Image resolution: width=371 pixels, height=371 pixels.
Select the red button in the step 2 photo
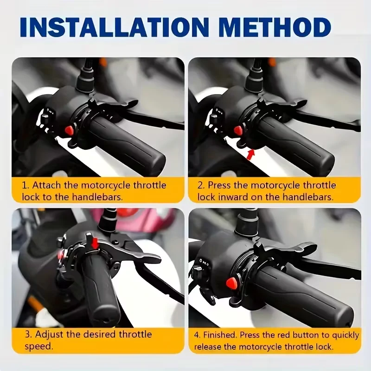click(238, 130)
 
